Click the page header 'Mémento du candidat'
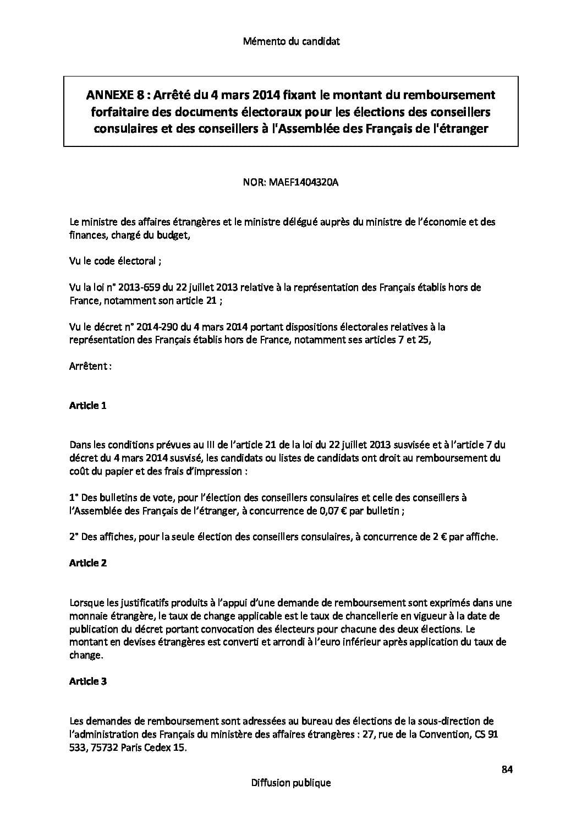pyautogui.click(x=291, y=41)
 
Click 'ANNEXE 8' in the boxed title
pyautogui.click(x=109, y=95)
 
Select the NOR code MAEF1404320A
pyautogui.click(x=303, y=182)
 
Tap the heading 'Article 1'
pyautogui.click(x=87, y=406)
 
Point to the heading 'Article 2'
pyautogui.click(x=87, y=563)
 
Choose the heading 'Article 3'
pyautogui.click(x=87, y=681)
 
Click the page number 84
pyautogui.click(x=507, y=770)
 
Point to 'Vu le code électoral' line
pyautogui.click(x=115, y=261)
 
